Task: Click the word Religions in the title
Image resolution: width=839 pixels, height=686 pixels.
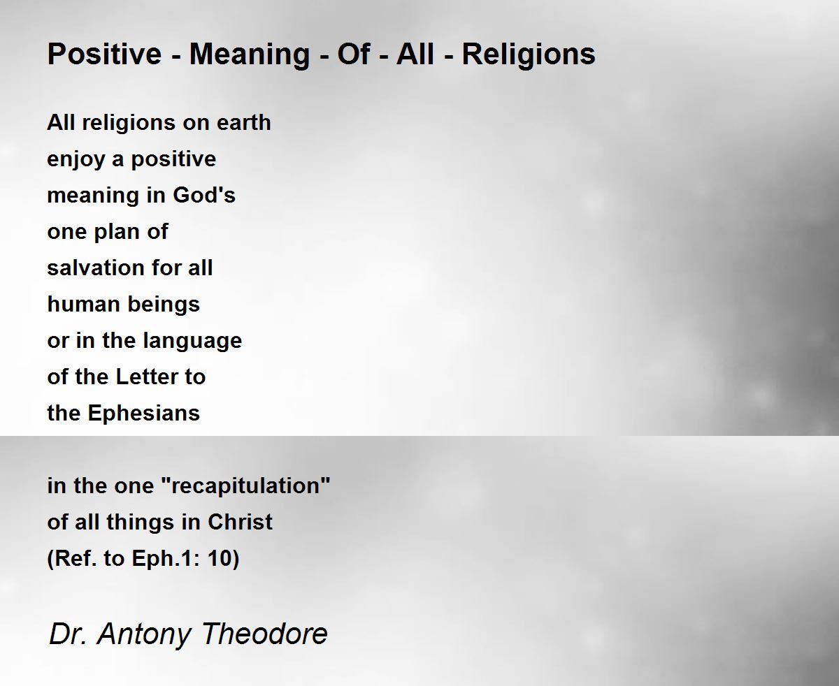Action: point(529,55)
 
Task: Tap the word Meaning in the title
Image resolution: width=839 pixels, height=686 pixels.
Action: point(250,55)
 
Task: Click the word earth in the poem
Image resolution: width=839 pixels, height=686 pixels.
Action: point(243,122)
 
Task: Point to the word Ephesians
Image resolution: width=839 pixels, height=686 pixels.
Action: point(143,414)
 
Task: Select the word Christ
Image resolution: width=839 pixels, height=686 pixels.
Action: point(241,522)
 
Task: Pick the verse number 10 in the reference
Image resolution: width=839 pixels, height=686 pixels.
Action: point(220,558)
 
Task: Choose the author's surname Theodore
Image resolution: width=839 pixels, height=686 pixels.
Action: point(265,634)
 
